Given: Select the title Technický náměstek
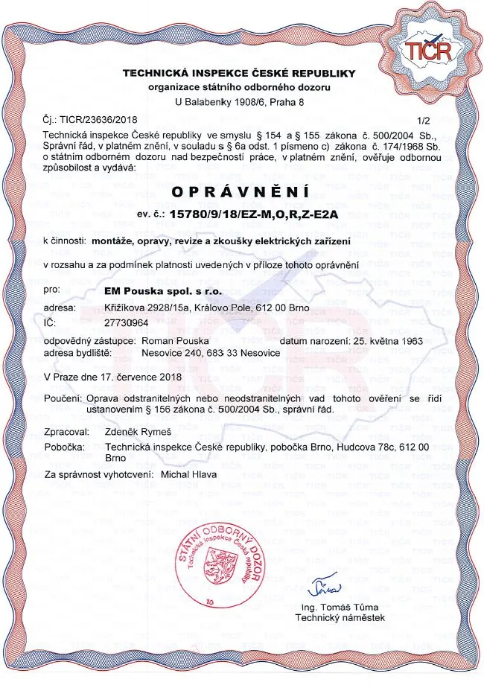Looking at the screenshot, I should (339, 617).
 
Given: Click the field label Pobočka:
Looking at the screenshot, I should (66, 446).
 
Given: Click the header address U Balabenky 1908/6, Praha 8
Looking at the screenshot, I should (239, 101).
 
